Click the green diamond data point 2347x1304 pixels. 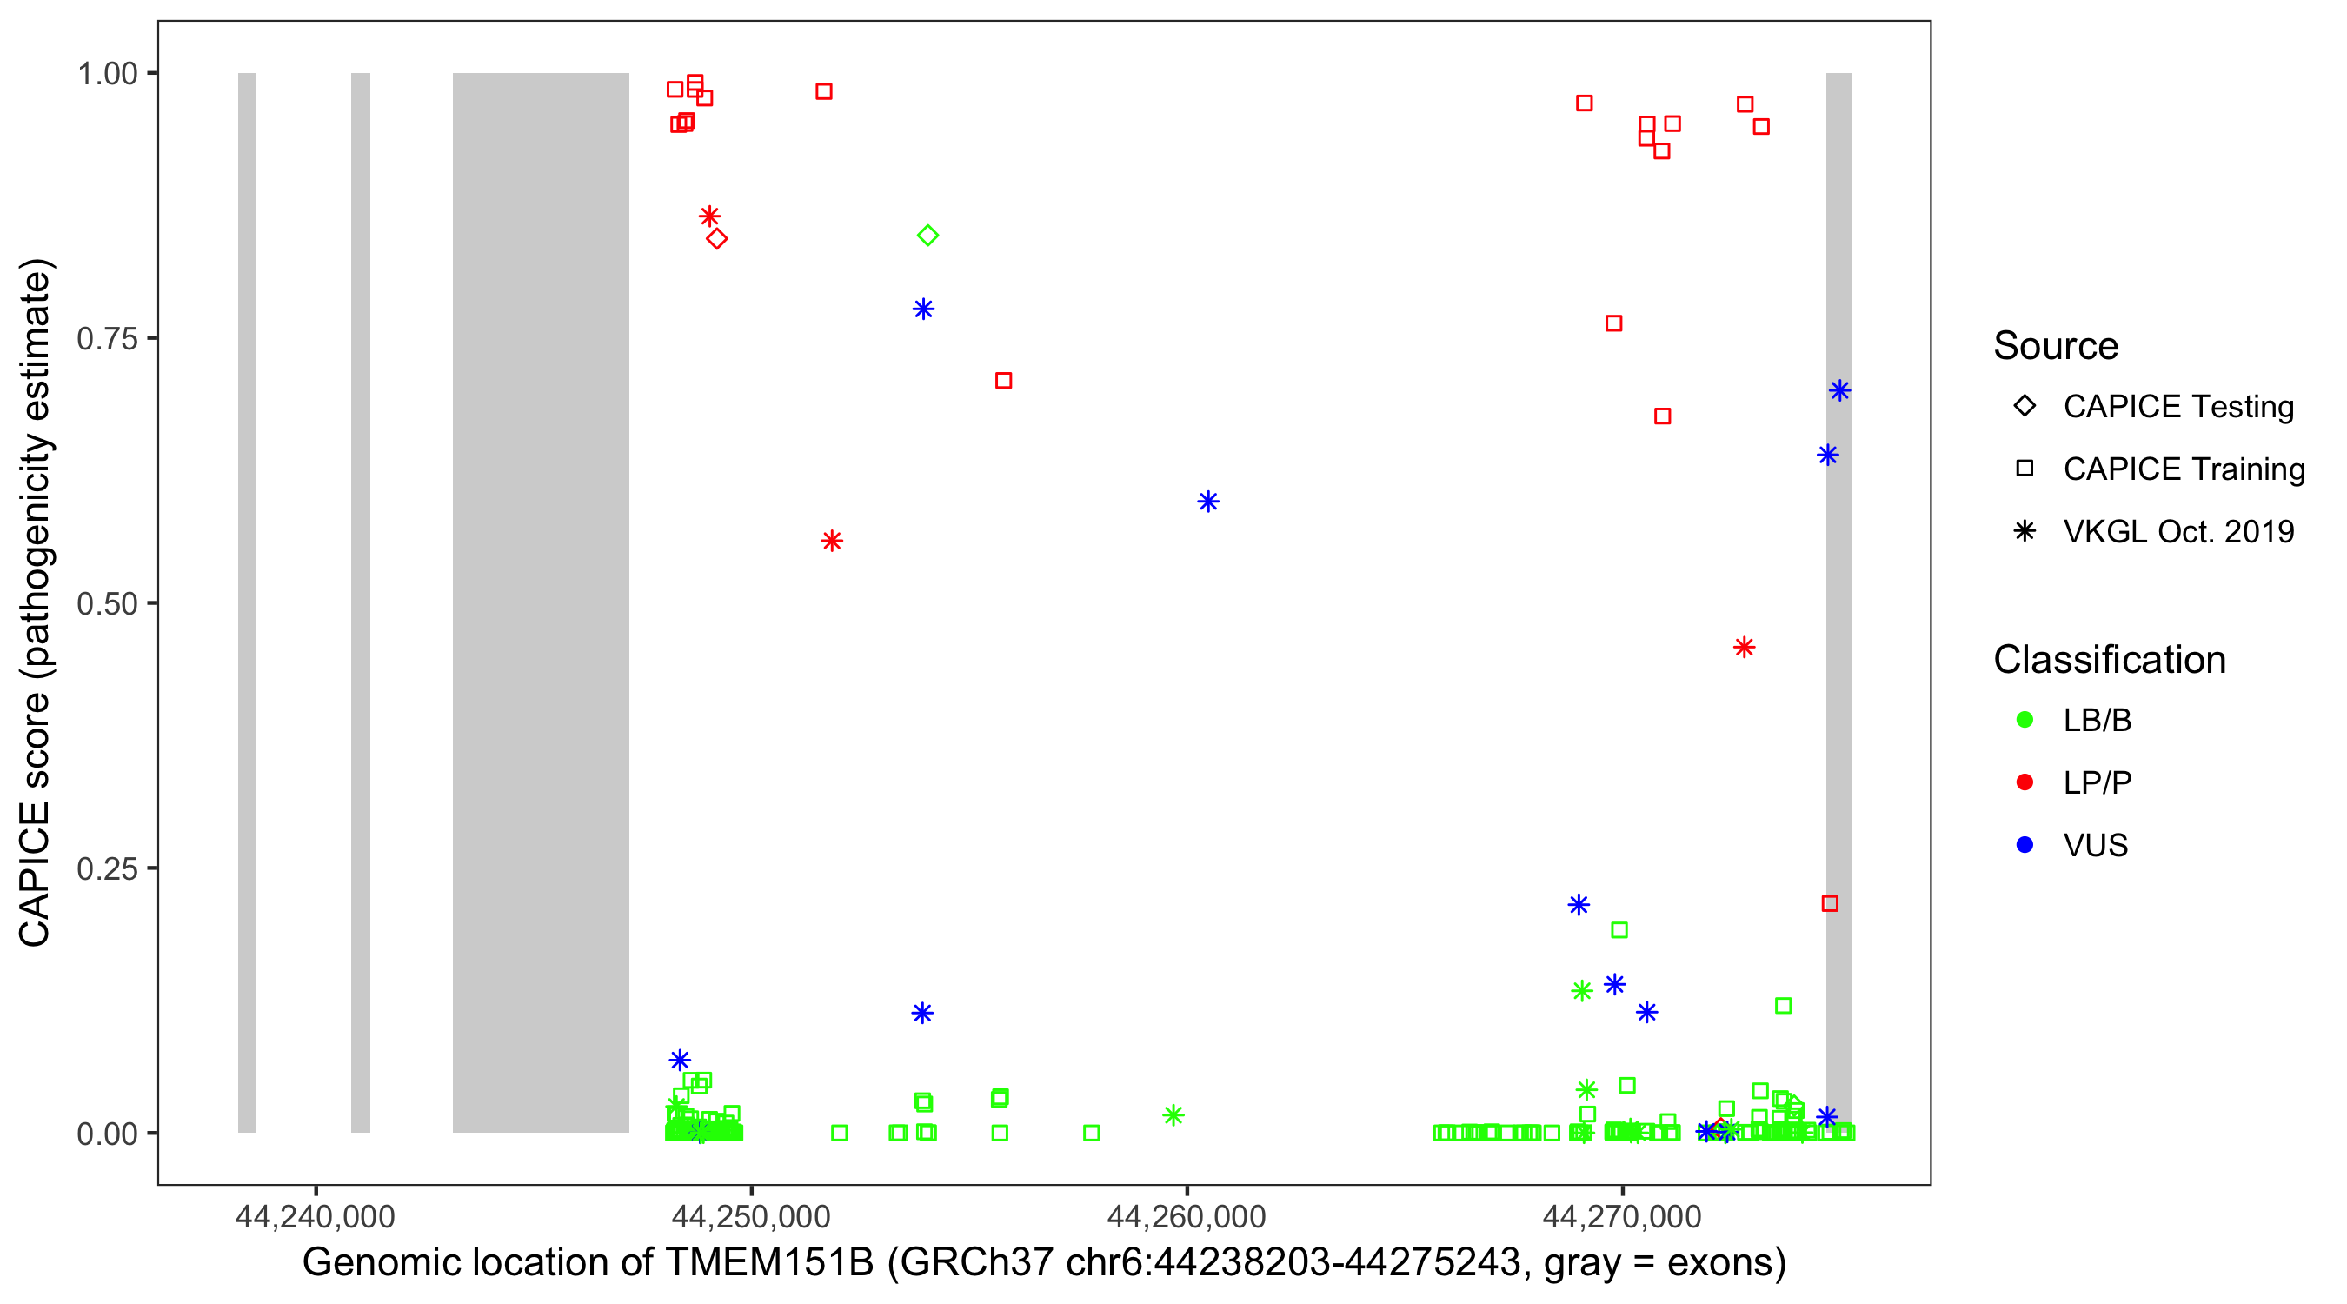click(927, 236)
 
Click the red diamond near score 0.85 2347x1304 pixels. click(717, 240)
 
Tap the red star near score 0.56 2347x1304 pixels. click(832, 542)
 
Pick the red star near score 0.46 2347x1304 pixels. click(1744, 648)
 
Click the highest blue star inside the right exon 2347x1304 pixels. click(1839, 391)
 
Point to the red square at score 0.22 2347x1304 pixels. click(1830, 904)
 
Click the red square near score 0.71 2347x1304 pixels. click(1003, 381)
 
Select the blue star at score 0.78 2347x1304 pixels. click(923, 309)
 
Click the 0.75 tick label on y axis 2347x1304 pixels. click(106, 339)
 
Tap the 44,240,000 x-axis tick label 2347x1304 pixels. click(316, 1217)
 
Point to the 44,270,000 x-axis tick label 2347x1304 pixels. click(1622, 1217)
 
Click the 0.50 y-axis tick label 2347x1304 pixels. click(106, 604)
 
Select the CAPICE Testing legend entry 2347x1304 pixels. click(2177, 407)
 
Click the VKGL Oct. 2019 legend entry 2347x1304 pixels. click(2177, 532)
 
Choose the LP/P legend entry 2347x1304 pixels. click(2097, 782)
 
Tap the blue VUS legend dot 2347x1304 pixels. click(2025, 846)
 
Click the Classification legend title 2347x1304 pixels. click(2109, 660)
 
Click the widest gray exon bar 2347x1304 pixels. click(541, 602)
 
